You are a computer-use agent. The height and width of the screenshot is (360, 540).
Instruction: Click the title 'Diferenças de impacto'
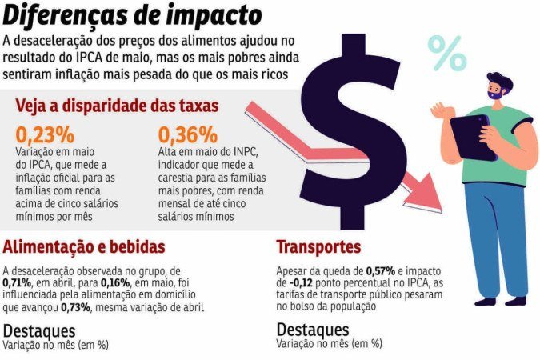(x=131, y=15)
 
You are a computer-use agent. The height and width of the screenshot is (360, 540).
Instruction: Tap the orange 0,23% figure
(x=45, y=134)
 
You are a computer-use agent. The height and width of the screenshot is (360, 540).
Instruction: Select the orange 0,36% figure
(x=187, y=134)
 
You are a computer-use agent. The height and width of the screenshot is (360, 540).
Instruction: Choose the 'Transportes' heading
(x=318, y=246)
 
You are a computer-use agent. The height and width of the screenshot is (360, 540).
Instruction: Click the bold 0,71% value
(x=18, y=282)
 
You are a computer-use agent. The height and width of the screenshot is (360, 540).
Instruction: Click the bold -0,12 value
(x=292, y=282)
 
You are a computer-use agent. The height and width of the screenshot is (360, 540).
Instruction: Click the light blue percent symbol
(x=446, y=52)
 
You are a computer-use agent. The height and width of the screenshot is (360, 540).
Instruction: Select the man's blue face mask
(x=496, y=94)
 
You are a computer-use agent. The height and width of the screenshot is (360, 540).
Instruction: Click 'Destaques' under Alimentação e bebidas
(x=39, y=330)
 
